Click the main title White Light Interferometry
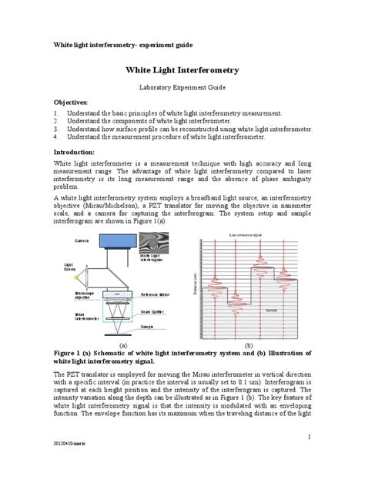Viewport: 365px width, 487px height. (x=182, y=70)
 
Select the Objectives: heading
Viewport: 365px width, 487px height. (x=70, y=102)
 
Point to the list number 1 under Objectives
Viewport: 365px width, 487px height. (x=56, y=113)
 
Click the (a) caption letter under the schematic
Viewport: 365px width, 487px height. (x=122, y=347)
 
